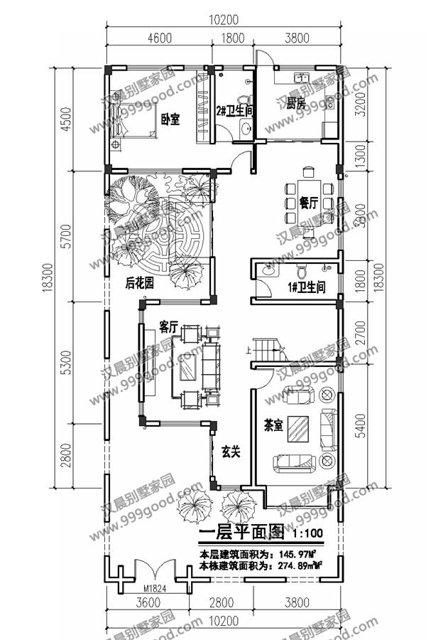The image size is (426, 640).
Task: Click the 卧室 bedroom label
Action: click(x=169, y=119)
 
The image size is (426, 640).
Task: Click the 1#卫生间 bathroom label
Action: click(x=307, y=287)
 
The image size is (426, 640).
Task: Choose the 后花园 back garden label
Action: click(x=140, y=283)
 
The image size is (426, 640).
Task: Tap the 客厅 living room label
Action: click(x=168, y=327)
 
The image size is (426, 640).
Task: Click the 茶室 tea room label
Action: click(x=273, y=425)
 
